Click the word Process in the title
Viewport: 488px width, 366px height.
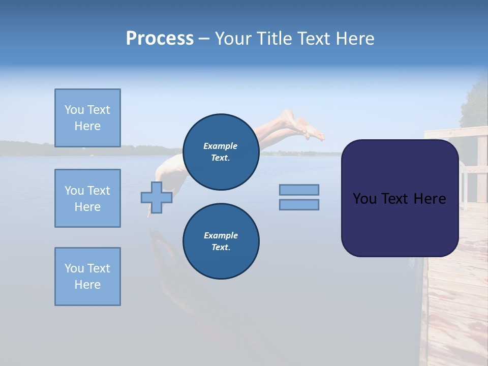click(x=160, y=39)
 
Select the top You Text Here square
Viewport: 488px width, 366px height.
click(x=87, y=118)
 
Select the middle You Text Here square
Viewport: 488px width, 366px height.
click(x=87, y=198)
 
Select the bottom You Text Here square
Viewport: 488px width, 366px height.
click(x=87, y=277)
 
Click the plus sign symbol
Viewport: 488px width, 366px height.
click(x=157, y=197)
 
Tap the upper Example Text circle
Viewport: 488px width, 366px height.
click(x=221, y=152)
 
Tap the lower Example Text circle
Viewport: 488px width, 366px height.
click(x=221, y=241)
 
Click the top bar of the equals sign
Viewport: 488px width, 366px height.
click(x=299, y=190)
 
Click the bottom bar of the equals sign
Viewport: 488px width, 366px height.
click(x=299, y=204)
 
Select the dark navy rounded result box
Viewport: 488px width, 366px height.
click(x=400, y=224)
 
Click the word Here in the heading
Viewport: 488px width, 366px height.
click(x=356, y=39)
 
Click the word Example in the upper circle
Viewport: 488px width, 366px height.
click(x=220, y=146)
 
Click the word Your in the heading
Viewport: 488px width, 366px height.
click(x=231, y=39)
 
